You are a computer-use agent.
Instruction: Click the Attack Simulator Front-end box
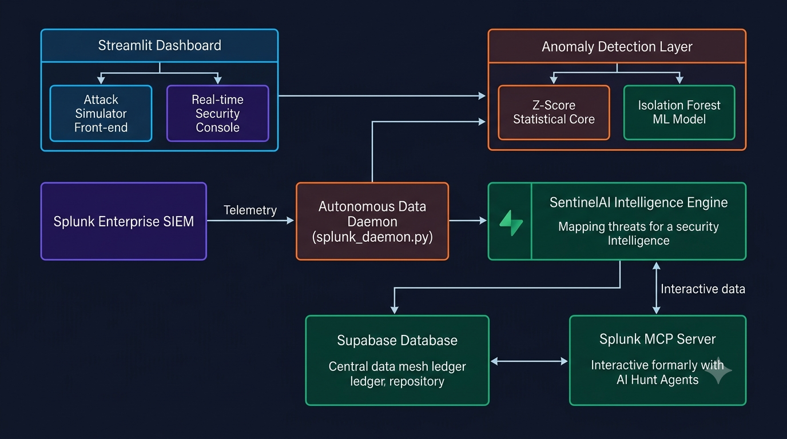pos(101,113)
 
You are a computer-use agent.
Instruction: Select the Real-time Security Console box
pos(218,113)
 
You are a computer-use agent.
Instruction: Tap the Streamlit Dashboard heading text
pos(160,45)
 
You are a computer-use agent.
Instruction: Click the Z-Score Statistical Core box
pos(554,113)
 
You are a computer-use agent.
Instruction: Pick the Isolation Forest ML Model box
pos(679,113)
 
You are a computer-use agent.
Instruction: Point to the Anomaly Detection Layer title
pos(617,47)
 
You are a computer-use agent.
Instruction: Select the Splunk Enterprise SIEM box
pos(124,221)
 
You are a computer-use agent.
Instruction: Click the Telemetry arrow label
pos(250,210)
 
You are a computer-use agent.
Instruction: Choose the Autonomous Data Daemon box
pos(372,221)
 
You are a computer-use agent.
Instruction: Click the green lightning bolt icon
pos(511,223)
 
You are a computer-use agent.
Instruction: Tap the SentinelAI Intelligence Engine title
pos(638,203)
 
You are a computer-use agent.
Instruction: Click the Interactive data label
pos(703,289)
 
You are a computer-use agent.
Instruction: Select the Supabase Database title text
pos(397,340)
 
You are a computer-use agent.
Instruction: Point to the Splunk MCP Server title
pos(657,339)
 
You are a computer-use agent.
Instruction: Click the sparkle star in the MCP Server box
pos(718,370)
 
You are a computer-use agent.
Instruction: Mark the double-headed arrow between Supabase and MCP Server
pos(529,361)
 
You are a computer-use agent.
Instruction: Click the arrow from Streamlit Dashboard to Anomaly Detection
pos(382,95)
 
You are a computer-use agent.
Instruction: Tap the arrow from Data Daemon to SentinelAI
pos(468,221)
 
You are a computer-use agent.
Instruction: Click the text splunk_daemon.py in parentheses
pos(372,237)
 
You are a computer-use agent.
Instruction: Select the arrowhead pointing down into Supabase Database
pos(395,310)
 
